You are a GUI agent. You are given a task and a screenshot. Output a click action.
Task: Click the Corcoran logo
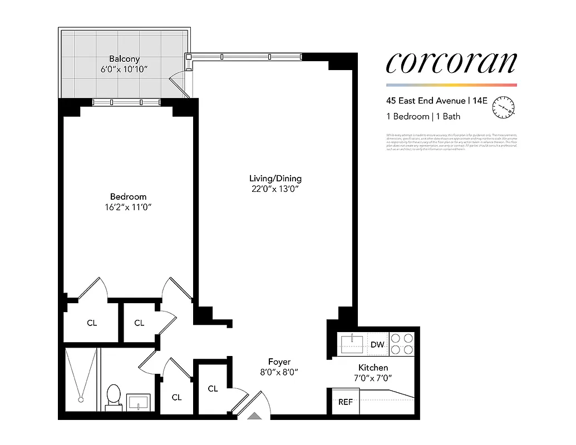(x=451, y=63)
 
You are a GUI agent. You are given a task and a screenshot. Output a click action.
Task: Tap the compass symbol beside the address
(x=504, y=107)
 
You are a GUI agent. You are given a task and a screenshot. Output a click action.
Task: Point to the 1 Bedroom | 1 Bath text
(x=424, y=117)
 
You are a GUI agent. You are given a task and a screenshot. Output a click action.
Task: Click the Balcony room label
(x=124, y=58)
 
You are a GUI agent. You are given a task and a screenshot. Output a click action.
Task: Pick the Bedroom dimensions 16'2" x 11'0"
(x=128, y=207)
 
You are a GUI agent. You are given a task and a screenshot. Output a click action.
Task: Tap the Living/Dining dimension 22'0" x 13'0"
(x=275, y=189)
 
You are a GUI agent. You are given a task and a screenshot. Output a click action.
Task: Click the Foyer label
(x=279, y=362)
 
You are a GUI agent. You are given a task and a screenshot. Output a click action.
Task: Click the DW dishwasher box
(x=377, y=344)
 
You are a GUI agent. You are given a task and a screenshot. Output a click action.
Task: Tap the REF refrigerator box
(x=346, y=402)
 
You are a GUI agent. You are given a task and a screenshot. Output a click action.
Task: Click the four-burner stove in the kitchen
(x=402, y=343)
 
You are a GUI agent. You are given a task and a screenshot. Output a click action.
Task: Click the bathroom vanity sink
(x=138, y=401)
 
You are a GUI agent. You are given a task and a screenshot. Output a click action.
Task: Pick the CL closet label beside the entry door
(x=213, y=389)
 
